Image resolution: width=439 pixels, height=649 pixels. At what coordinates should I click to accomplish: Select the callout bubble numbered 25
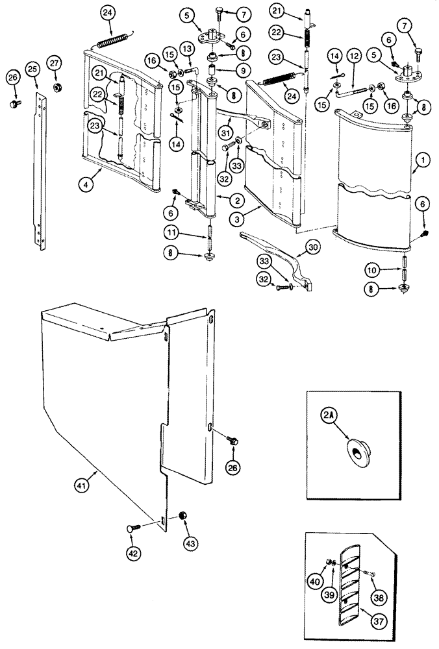pyautogui.click(x=32, y=68)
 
